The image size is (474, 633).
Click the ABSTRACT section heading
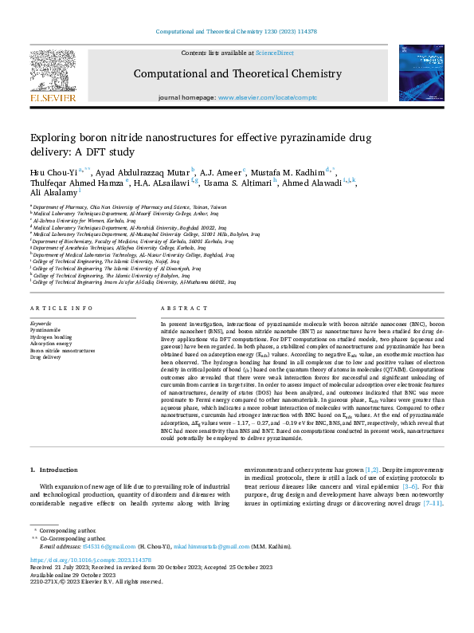tap(178, 308)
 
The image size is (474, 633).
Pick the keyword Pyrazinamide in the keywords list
tap(45, 328)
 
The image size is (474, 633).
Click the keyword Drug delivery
tap(45, 357)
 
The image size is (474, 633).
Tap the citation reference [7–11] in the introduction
tap(431, 504)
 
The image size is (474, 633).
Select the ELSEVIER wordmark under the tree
tap(53, 98)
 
